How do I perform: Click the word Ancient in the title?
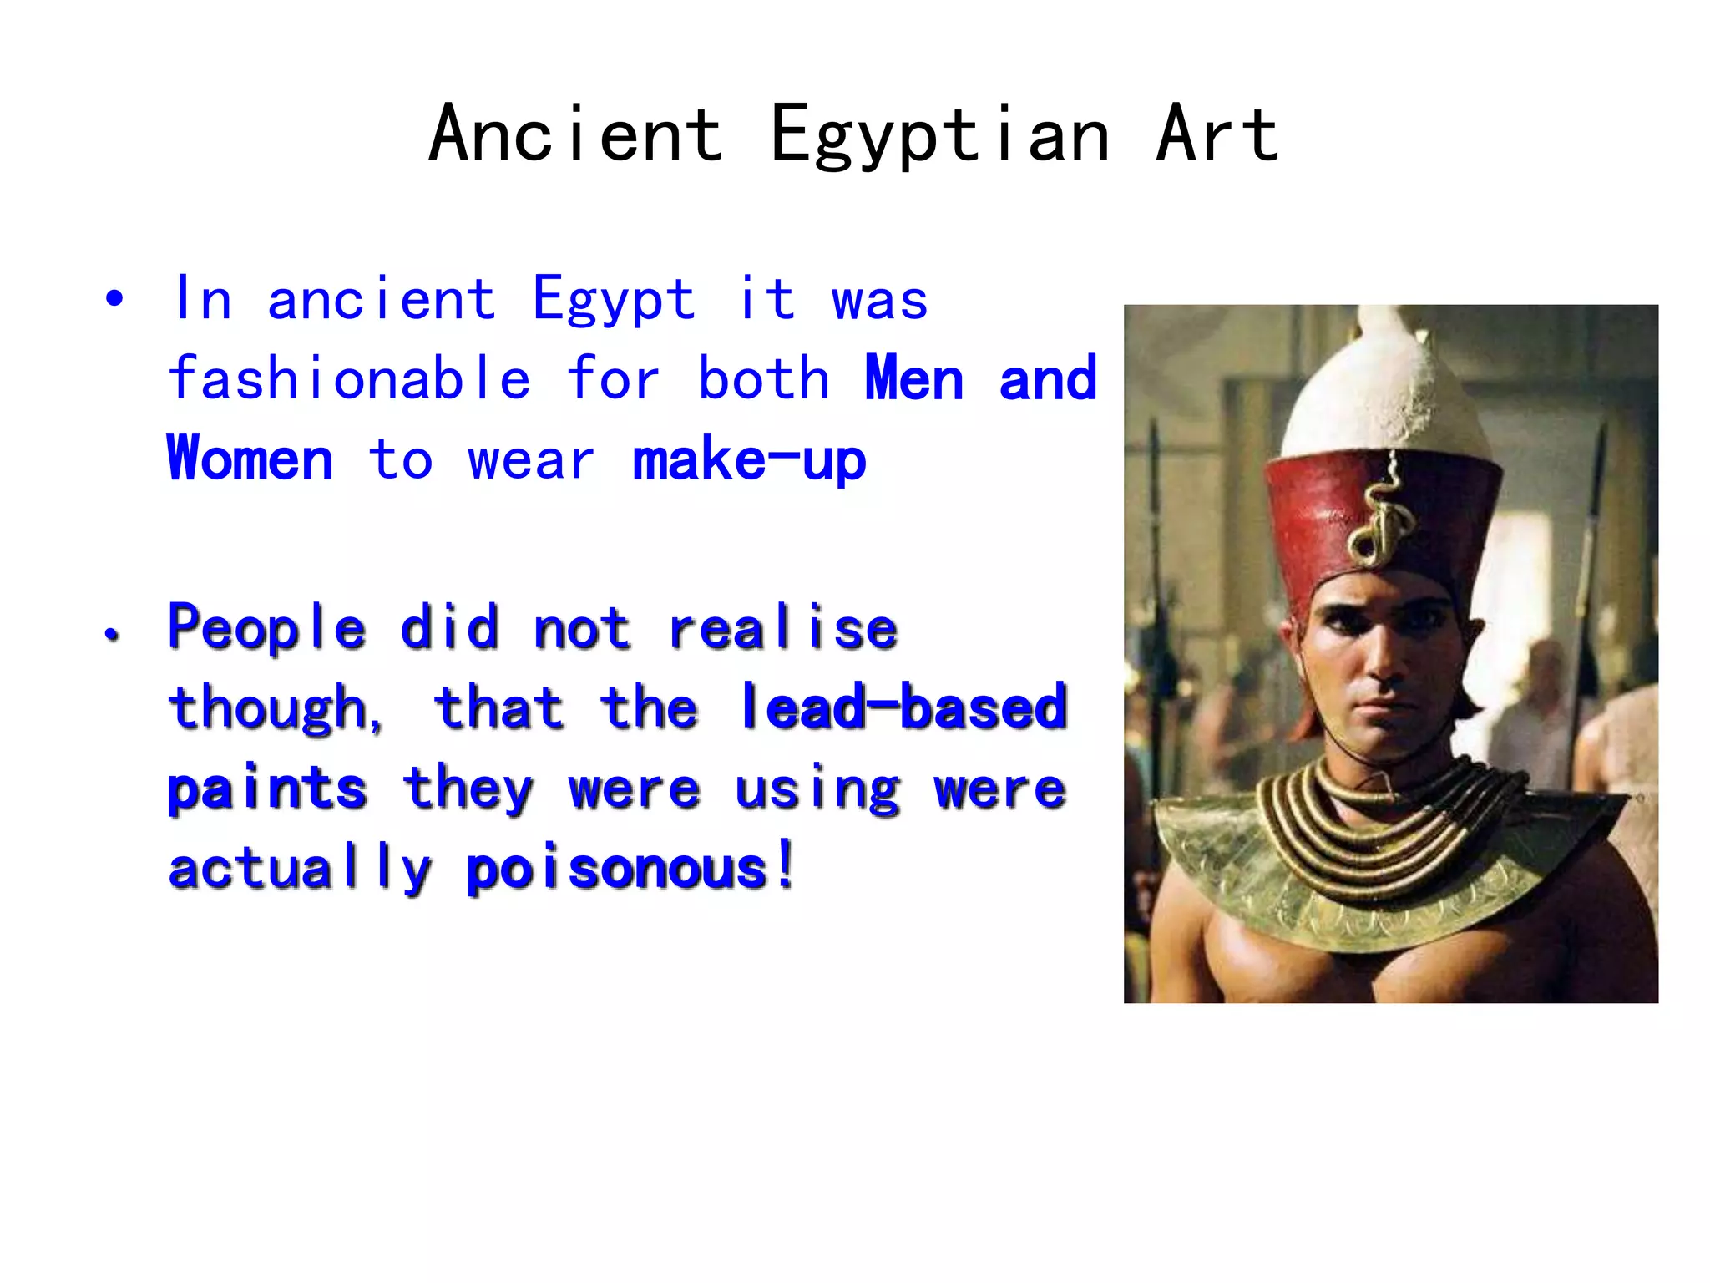point(576,134)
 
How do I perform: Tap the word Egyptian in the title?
point(940,135)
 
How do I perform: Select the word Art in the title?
point(1217,134)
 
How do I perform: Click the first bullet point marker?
point(114,298)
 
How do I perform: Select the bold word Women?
point(250,459)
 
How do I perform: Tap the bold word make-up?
point(749,459)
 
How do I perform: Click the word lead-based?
point(904,708)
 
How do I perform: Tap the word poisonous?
point(618,869)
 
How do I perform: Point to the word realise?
point(783,628)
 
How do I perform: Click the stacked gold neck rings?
point(1378,823)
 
